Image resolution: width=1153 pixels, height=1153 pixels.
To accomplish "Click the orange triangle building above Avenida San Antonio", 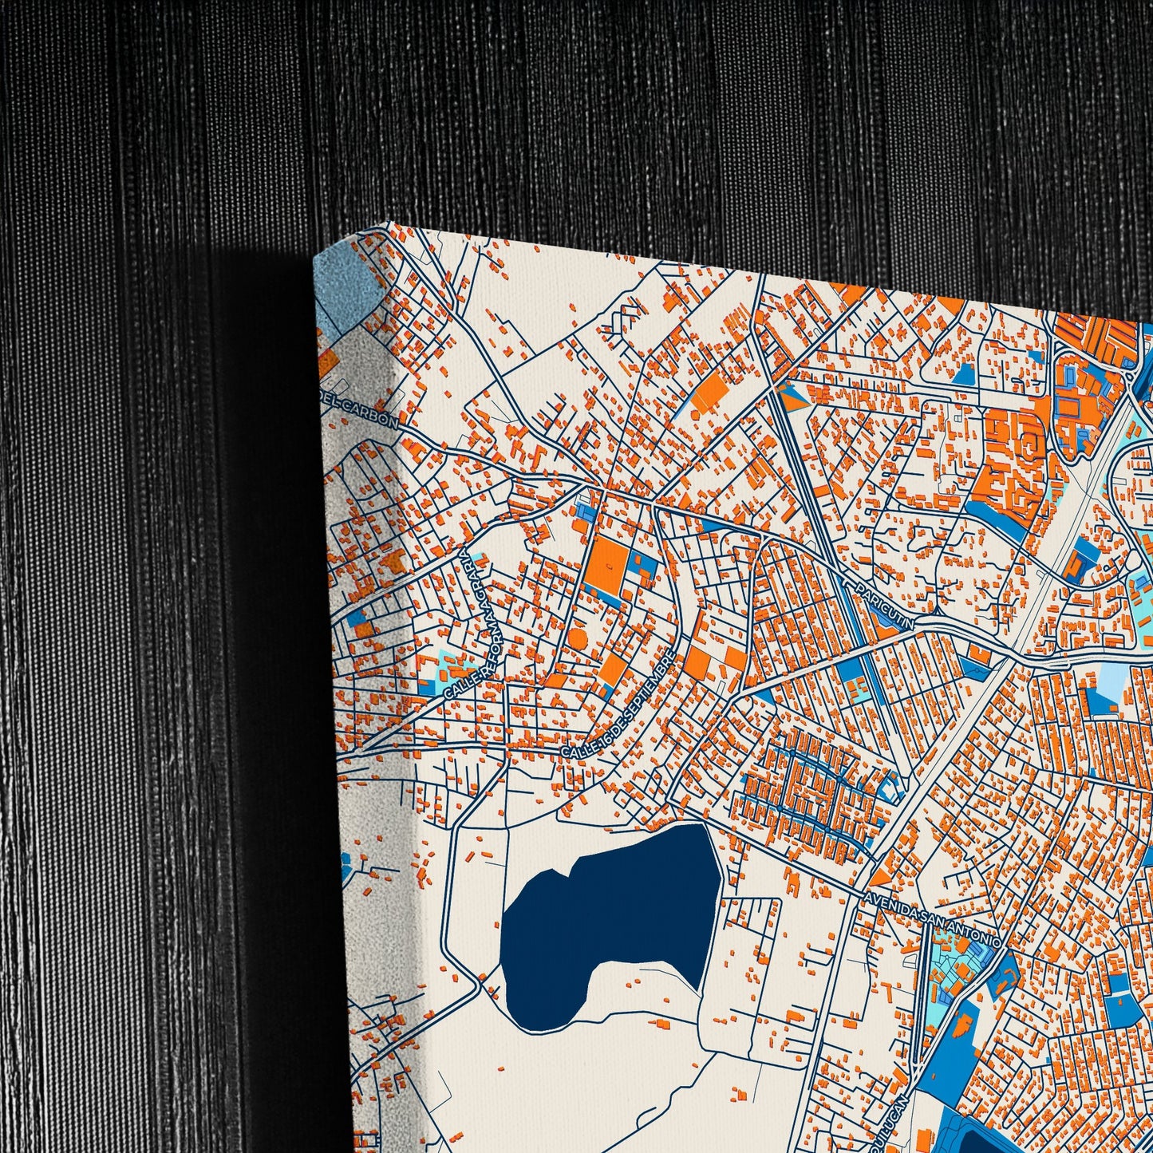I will click(879, 876).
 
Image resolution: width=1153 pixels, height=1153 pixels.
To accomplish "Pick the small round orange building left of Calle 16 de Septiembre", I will click(577, 638).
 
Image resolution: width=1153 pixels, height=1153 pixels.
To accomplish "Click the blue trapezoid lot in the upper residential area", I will click(964, 375).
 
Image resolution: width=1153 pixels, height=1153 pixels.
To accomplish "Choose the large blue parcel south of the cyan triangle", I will click(958, 1045).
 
